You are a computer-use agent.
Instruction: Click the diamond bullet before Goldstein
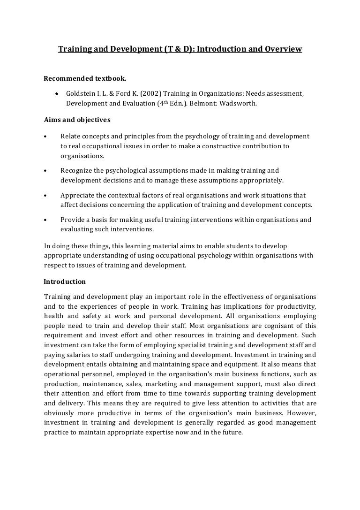(56, 93)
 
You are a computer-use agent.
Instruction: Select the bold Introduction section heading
(65, 282)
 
